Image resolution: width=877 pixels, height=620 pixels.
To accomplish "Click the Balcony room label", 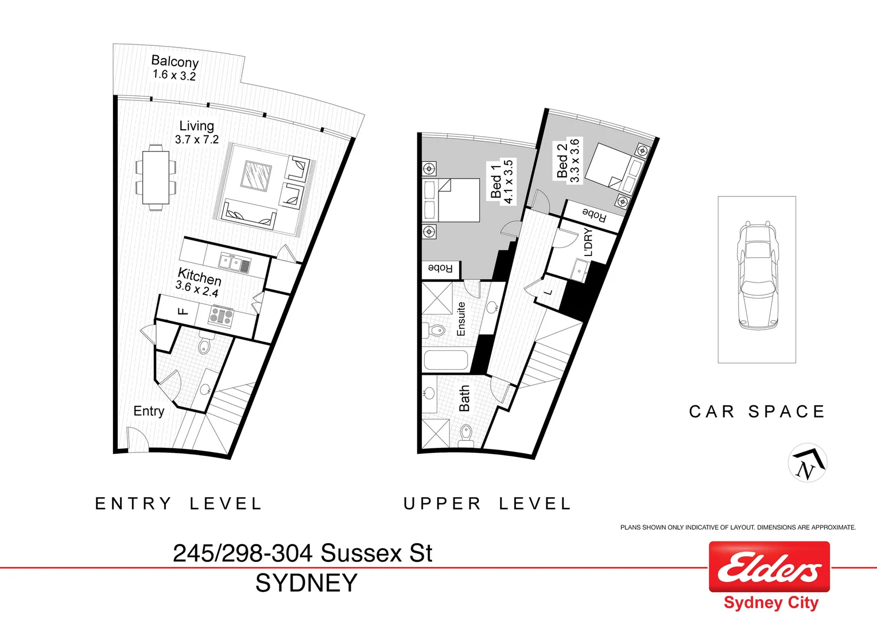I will coord(174,61).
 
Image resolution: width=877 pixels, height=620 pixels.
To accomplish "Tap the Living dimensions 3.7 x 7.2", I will coord(197,139).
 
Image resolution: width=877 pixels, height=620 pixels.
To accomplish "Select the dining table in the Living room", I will coord(156,177).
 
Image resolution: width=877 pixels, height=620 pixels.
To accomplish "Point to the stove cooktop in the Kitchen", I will coord(221,316).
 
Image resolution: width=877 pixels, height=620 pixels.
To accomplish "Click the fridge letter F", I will coord(183,312).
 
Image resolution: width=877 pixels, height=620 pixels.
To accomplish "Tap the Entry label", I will coord(149,411).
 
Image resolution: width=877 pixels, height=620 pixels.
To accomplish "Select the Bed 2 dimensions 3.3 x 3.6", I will coord(575,161).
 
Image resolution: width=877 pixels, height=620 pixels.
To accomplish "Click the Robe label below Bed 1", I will coord(441,268).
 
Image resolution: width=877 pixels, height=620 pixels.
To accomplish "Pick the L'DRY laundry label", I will coord(588,242).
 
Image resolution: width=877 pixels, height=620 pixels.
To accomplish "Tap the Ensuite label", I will coord(461,319).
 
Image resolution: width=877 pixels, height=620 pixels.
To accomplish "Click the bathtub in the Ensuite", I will coord(446,361).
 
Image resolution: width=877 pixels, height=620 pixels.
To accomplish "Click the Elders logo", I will coord(769,567).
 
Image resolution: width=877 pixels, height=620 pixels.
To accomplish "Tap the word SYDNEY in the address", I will coord(306,583).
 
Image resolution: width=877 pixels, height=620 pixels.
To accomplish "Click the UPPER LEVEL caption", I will coord(487,504).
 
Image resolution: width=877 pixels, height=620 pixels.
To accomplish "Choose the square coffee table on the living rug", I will coord(256,175).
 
